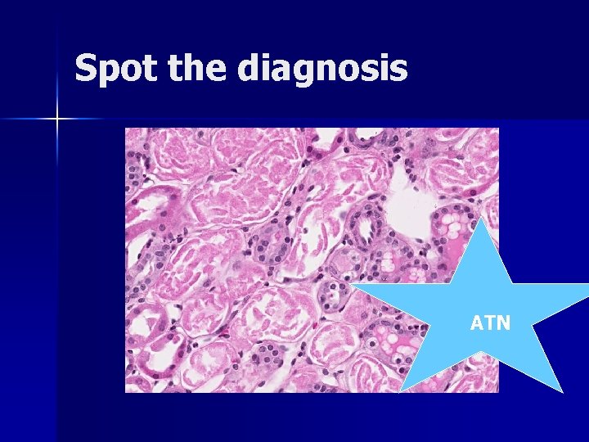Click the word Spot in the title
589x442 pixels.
[x=111, y=68]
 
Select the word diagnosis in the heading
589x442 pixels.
[x=322, y=70]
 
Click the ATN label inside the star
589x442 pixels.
[x=490, y=323]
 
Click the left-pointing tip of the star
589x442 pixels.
[x=350, y=285]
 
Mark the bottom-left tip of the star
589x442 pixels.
[x=401, y=392]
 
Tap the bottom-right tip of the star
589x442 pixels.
[x=562, y=391]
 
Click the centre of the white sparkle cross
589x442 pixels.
[x=57, y=120]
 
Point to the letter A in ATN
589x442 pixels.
[x=477, y=323]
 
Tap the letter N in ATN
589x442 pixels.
[x=503, y=323]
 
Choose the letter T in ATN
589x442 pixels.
[x=489, y=323]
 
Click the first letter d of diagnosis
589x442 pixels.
[x=250, y=68]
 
